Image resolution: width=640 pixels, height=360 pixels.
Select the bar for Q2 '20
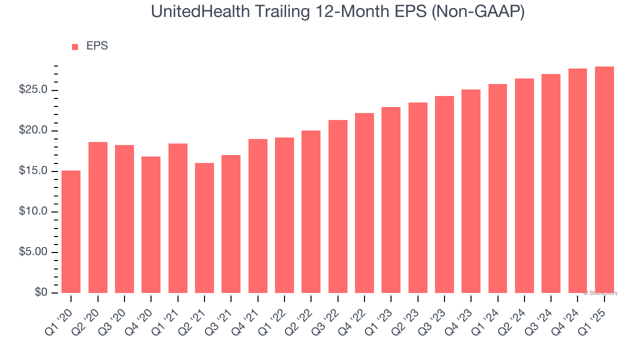(x=98, y=217)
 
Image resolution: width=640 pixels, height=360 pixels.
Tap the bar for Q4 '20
(x=151, y=224)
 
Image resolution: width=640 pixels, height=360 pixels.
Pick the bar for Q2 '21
(x=204, y=228)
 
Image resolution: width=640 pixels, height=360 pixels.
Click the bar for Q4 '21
(x=258, y=216)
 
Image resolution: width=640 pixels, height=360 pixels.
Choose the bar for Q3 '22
(x=338, y=206)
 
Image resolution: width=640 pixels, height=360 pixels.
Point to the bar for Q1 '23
(x=391, y=200)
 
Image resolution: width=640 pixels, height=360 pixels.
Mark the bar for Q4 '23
(x=471, y=191)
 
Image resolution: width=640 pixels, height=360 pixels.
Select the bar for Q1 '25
(x=604, y=179)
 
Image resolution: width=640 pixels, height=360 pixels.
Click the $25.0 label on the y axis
(x=33, y=90)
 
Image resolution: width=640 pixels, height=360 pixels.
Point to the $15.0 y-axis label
(x=33, y=171)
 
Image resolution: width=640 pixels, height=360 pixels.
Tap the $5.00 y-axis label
(x=33, y=252)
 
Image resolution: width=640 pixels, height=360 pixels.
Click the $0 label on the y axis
(x=41, y=292)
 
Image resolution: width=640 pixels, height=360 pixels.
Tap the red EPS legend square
(x=75, y=47)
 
